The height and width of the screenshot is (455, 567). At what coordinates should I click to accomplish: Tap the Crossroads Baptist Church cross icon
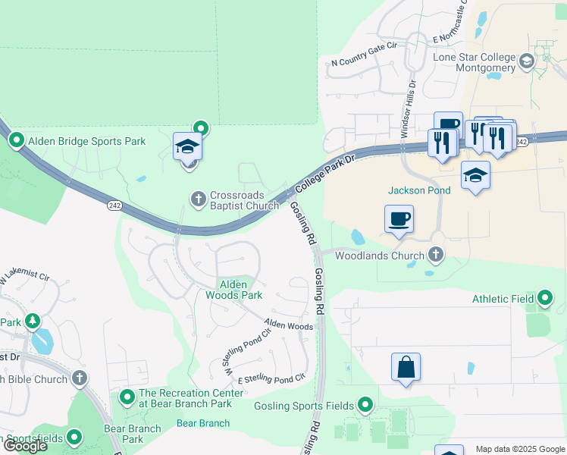(x=199, y=199)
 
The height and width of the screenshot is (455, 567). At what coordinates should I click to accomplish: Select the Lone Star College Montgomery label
(x=475, y=62)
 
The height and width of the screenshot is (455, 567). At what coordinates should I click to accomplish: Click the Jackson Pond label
(x=419, y=190)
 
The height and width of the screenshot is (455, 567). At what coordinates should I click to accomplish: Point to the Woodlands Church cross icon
(x=435, y=256)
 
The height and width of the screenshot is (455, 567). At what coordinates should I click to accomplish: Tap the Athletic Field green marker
(x=546, y=299)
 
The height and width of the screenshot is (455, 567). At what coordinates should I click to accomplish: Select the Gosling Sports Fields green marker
(x=366, y=406)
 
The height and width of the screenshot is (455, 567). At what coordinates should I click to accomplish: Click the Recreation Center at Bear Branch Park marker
(x=127, y=396)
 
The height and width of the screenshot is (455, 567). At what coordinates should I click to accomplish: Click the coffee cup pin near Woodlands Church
(x=399, y=220)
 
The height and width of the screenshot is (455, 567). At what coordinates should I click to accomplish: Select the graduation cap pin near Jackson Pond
(x=475, y=176)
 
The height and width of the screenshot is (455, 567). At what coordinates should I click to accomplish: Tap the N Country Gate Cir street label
(x=365, y=64)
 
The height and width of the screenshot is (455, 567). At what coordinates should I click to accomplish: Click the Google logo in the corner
(x=25, y=446)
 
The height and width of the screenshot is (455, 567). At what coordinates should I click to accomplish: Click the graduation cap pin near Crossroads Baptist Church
(x=187, y=147)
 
